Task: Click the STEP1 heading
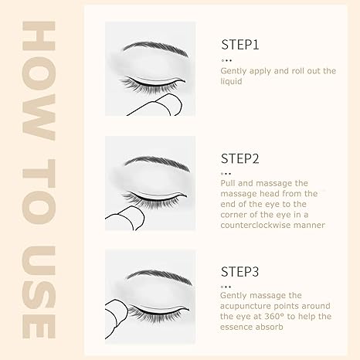[240, 45]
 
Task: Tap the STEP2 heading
[240, 158]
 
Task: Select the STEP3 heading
[239, 272]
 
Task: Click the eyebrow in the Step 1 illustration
[156, 49]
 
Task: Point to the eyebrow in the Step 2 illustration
[158, 163]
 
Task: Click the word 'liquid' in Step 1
[231, 81]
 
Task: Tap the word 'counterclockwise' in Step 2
[255, 225]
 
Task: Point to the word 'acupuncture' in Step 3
[246, 307]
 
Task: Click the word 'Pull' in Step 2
[228, 183]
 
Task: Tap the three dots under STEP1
[226, 60]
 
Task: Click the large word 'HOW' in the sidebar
[39, 80]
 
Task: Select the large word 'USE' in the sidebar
[39, 292]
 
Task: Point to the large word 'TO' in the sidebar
[39, 192]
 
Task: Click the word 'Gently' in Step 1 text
[233, 71]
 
